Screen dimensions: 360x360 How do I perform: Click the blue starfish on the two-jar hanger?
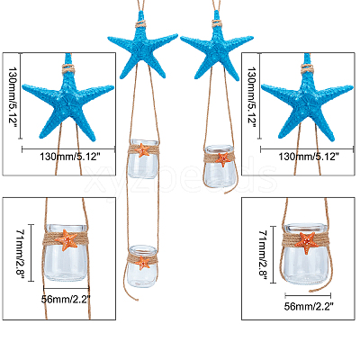(142, 49)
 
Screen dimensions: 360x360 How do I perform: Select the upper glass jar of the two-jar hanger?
(143, 159)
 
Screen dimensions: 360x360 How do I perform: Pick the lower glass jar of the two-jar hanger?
(142, 266)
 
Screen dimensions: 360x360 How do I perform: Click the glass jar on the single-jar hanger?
(220, 166)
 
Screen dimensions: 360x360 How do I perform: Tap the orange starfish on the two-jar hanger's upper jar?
(142, 149)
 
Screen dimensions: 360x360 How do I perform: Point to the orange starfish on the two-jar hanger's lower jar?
(142, 263)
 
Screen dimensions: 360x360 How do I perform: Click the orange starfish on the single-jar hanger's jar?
(223, 159)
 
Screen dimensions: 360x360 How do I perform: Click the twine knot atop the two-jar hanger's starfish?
(140, 23)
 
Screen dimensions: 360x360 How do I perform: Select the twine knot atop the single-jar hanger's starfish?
(217, 23)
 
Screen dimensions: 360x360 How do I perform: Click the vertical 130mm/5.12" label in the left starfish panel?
(12, 95)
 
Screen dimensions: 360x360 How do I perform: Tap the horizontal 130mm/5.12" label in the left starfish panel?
(70, 157)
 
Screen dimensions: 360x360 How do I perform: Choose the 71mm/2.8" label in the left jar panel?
(21, 253)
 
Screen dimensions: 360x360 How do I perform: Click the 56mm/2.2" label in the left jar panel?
(66, 299)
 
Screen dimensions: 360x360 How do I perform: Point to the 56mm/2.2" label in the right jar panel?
(309, 306)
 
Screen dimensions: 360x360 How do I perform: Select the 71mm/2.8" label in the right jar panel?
(263, 255)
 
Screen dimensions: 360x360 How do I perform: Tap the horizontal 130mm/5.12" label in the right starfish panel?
(309, 157)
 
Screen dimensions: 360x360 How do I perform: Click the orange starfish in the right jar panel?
(306, 242)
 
